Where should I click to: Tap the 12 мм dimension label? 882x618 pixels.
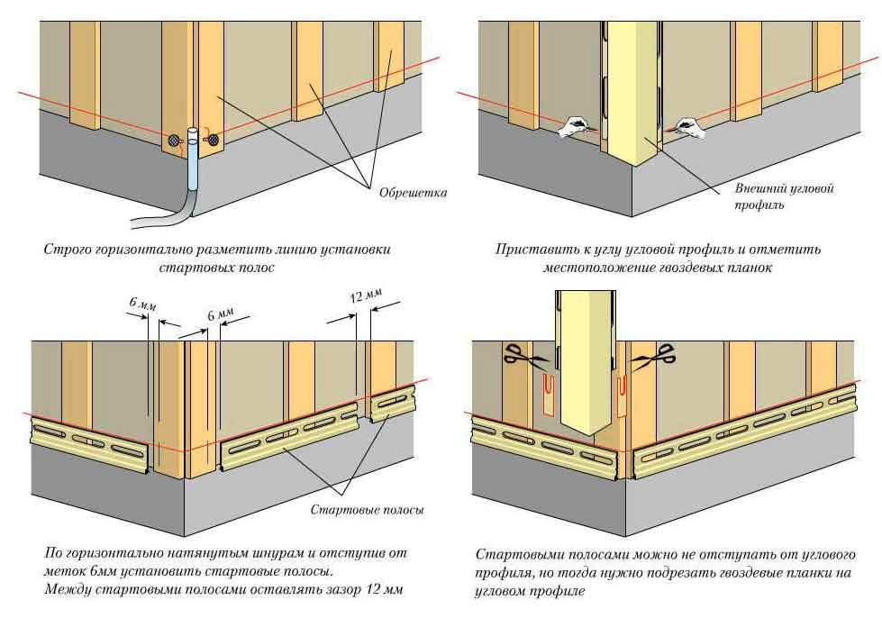[365, 295]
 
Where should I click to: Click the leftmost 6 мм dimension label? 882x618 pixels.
[138, 303]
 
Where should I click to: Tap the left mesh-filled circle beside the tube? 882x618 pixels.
[173, 141]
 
